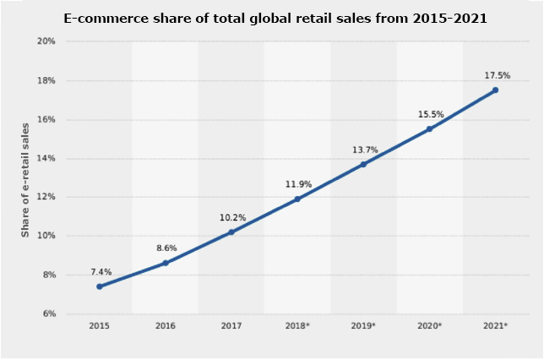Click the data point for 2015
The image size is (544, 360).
click(x=99, y=286)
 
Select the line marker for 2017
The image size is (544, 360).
click(x=231, y=232)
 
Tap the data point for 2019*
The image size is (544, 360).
click(x=363, y=164)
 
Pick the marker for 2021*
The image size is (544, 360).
click(x=495, y=90)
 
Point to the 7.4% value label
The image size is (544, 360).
click(x=101, y=272)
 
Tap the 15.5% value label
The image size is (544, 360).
click(x=431, y=114)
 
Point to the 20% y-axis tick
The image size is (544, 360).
click(x=46, y=41)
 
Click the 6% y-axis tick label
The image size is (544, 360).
click(x=49, y=314)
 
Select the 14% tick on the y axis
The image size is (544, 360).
click(x=46, y=158)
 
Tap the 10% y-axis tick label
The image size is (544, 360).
click(x=46, y=236)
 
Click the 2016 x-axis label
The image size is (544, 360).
click(x=165, y=325)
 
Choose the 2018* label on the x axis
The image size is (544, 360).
click(x=297, y=325)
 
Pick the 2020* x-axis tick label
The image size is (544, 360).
click(x=429, y=325)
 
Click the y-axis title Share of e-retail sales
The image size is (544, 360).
click(x=24, y=177)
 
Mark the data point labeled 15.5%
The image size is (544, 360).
click(x=429, y=128)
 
